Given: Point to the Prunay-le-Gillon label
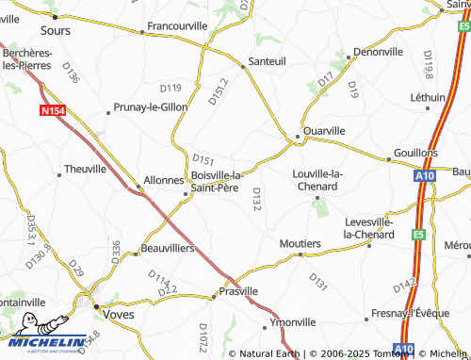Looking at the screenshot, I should tap(152, 107).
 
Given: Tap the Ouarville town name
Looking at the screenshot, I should tap(323, 130).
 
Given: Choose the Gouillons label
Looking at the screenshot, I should tap(415, 153).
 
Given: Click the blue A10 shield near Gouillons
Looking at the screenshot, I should tap(426, 175).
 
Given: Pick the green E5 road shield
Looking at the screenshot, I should tap(418, 235).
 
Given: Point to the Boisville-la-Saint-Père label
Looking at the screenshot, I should tap(217, 182).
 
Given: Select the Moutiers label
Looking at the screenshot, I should tap(300, 243).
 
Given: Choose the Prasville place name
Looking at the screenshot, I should tap(237, 292).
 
